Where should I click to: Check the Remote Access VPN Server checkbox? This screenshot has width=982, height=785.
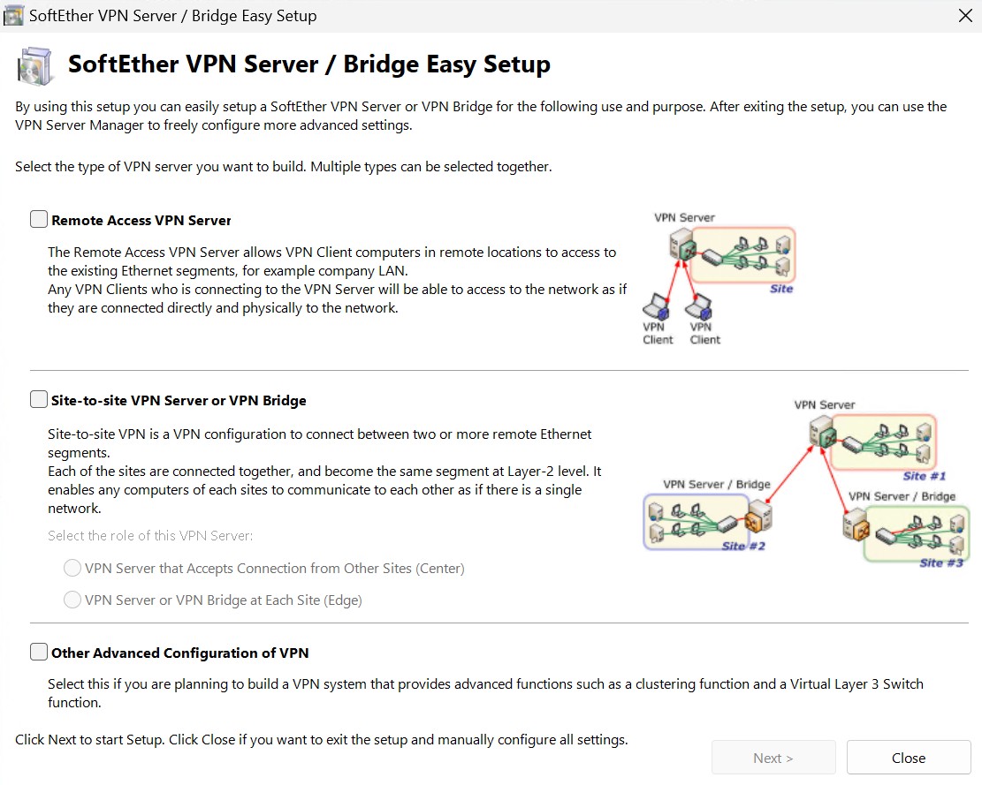pyautogui.click(x=39, y=220)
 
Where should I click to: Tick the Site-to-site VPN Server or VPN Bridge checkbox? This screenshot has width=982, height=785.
pyautogui.click(x=39, y=400)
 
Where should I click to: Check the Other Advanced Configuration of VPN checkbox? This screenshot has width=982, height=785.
pyautogui.click(x=39, y=653)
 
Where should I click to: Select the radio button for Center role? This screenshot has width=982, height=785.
pyautogui.click(x=72, y=568)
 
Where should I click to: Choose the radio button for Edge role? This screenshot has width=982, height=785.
pyautogui.click(x=72, y=600)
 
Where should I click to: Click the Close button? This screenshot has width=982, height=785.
pyautogui.click(x=908, y=758)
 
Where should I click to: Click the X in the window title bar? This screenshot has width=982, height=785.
pyautogui.click(x=965, y=16)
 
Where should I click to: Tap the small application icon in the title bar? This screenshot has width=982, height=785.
pyautogui.click(x=13, y=16)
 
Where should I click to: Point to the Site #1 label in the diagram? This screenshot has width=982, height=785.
pyautogui.click(x=925, y=476)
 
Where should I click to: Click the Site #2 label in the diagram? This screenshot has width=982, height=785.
pyautogui.click(x=743, y=546)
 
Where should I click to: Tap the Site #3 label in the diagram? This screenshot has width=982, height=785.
pyautogui.click(x=941, y=562)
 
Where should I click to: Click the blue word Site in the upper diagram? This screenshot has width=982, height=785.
pyautogui.click(x=781, y=289)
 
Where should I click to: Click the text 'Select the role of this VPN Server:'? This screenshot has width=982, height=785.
pyautogui.click(x=150, y=536)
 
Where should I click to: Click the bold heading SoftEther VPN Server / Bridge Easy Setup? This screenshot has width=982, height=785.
pyautogui.click(x=309, y=64)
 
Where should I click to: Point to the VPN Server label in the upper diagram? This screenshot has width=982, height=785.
pyautogui.click(x=684, y=217)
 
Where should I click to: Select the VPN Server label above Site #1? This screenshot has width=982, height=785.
pyautogui.click(x=824, y=404)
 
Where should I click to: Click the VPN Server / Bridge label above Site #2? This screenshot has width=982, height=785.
pyautogui.click(x=717, y=484)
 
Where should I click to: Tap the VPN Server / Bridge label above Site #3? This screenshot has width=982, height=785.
pyautogui.click(x=902, y=496)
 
